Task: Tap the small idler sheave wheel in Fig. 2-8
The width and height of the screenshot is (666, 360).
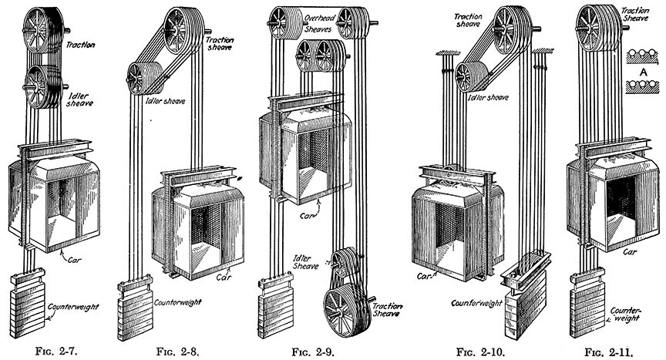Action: coord(140,78)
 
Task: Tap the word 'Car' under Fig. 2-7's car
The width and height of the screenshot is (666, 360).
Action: coord(86,261)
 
